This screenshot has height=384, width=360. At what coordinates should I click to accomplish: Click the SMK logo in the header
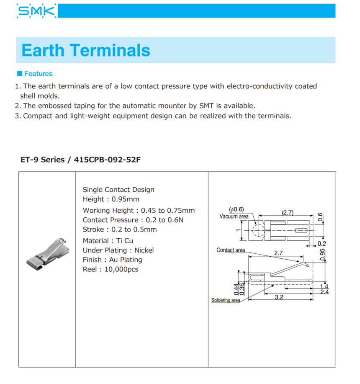pos(36,11)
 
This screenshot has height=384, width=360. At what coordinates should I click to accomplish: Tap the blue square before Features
pos(19,73)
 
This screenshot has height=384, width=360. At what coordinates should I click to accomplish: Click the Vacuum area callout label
pos(234,216)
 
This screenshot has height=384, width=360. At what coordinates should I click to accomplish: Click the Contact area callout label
pos(231,250)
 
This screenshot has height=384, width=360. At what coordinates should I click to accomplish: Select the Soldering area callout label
pos(226,300)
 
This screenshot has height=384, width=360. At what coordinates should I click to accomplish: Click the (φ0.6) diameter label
pos(236,209)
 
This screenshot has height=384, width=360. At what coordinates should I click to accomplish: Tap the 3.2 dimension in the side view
pos(279,297)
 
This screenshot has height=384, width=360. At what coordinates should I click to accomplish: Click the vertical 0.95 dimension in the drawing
pos(322,255)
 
